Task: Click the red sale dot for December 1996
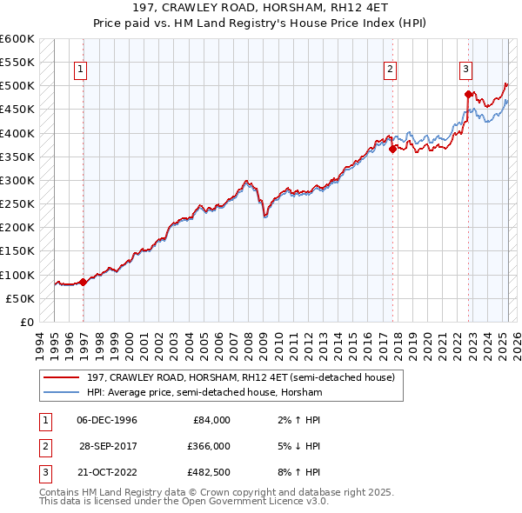(83, 282)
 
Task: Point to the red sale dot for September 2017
(392, 149)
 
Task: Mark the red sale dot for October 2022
(468, 94)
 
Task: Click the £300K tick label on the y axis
(17, 180)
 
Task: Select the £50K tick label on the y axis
(20, 298)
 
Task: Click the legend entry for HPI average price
(204, 393)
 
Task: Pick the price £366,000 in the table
(207, 446)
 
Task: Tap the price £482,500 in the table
(207, 472)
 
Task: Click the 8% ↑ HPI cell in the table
(304, 472)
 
